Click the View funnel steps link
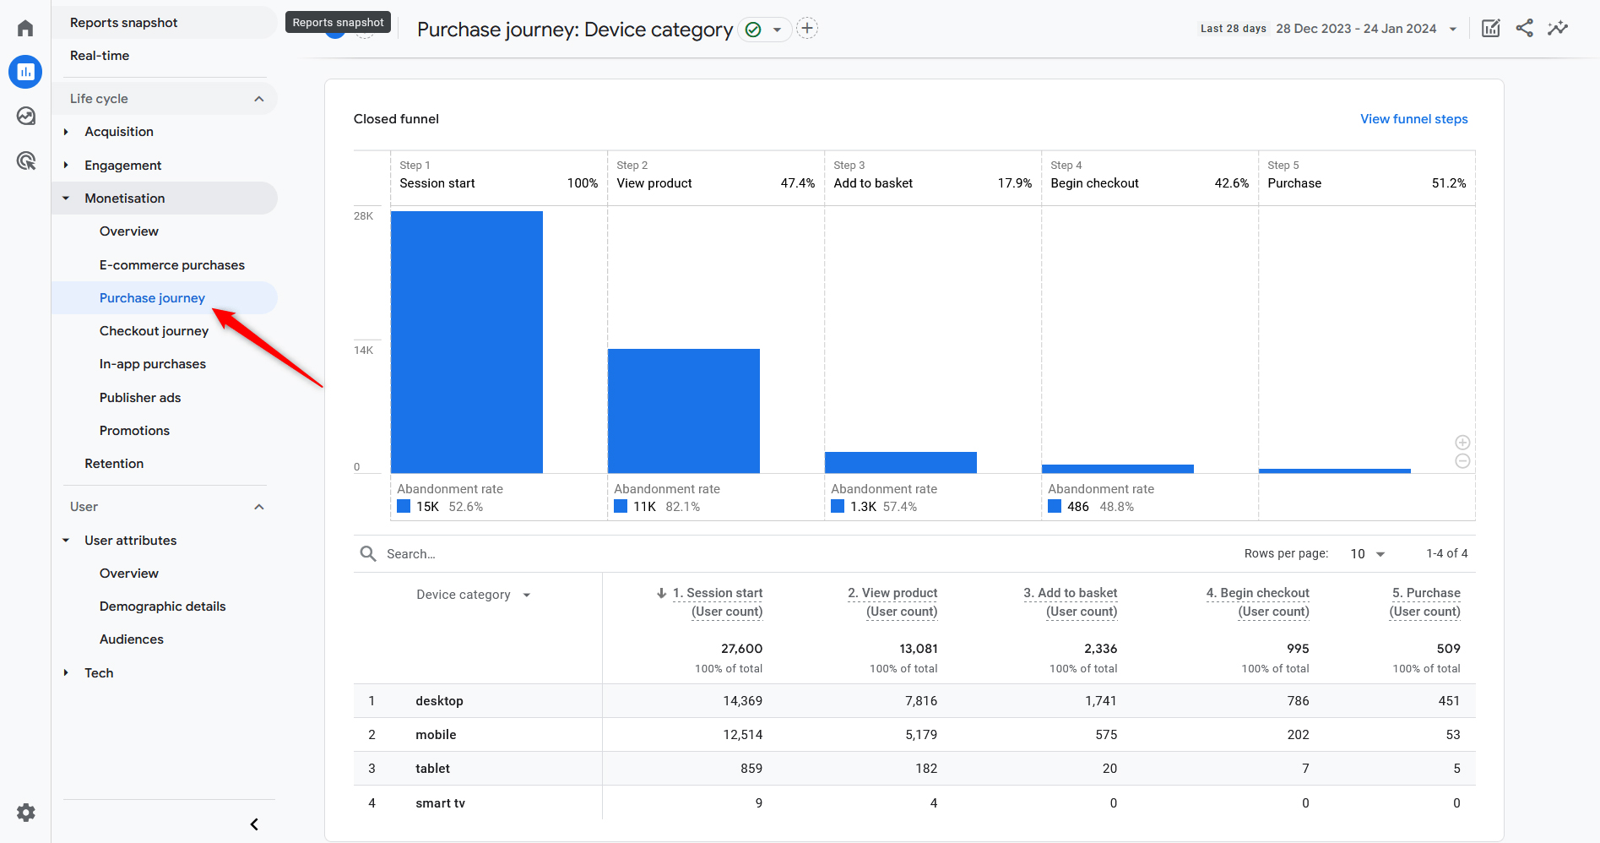pos(1413,119)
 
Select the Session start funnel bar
pos(466,342)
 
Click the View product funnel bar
pos(683,411)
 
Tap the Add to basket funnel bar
pos(900,462)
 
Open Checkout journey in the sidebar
pos(154,331)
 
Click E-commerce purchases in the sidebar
pos(171,265)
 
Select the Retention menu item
pos(114,464)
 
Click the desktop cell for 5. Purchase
pos(1448,701)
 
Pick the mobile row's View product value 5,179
pos(920,735)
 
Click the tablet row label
pos(432,769)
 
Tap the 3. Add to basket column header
pos(1070,601)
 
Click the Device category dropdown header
pos(473,595)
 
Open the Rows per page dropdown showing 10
pos(1367,554)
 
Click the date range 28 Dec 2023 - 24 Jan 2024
pos(1356,29)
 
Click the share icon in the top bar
pos(1524,28)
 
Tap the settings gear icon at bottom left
pos(26,813)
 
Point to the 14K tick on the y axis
pos(363,351)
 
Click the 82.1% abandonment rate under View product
pos(682,507)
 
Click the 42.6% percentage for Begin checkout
pos(1231,183)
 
